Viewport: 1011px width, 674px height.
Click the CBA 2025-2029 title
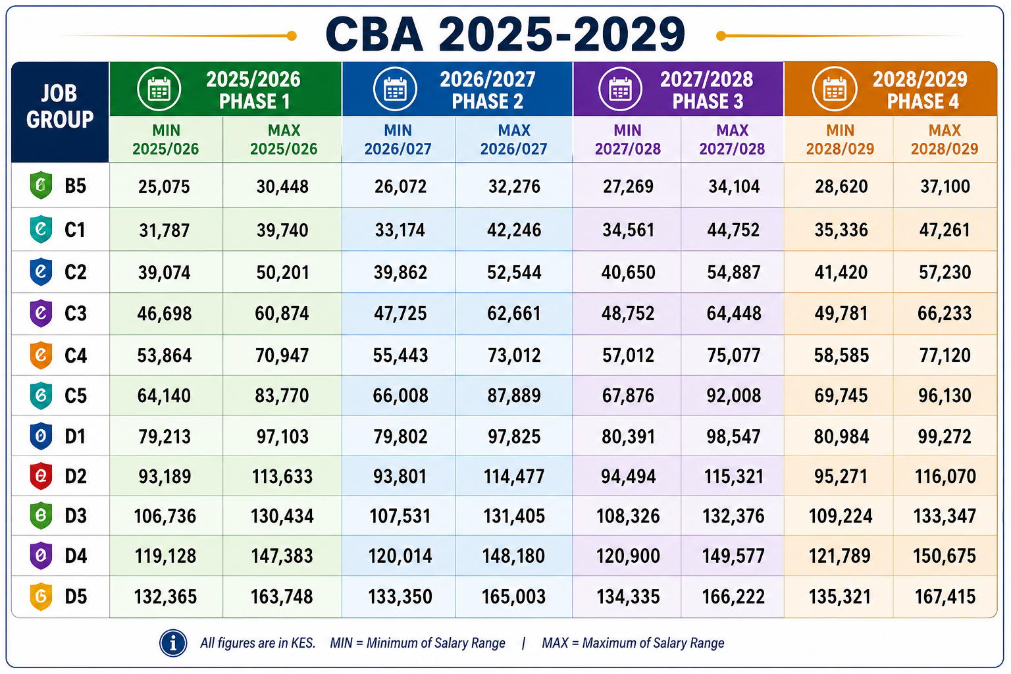[505, 34]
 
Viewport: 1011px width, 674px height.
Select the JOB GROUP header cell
[60, 112]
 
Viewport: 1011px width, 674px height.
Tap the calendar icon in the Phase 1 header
[159, 89]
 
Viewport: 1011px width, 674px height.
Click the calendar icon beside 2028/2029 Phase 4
[835, 89]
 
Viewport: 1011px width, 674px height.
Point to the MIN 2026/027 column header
[398, 140]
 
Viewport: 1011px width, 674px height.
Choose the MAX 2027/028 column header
[732, 140]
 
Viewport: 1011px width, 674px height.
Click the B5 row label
[75, 186]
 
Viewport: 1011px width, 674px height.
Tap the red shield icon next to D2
[41, 476]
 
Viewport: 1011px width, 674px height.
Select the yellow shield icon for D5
[41, 596]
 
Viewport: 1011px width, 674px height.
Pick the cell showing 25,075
[165, 186]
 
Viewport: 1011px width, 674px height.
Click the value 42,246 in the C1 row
[513, 230]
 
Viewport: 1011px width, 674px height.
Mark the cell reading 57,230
[945, 272]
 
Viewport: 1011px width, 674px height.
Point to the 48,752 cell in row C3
[628, 313]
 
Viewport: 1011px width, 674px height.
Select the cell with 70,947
[282, 355]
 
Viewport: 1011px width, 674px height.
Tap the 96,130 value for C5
[945, 396]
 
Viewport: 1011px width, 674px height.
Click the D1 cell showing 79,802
[400, 436]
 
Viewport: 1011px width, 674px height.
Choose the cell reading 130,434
[282, 516]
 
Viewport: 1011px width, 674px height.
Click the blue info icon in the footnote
[173, 643]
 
